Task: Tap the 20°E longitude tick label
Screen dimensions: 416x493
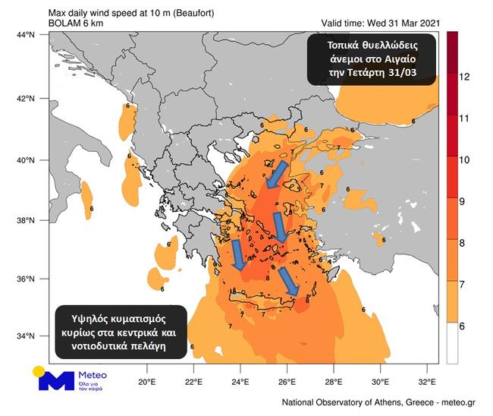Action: click(147, 381)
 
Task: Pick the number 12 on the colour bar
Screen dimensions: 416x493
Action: click(465, 77)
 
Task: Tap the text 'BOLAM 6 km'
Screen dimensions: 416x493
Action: click(78, 23)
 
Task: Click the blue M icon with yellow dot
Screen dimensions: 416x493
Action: click(52, 379)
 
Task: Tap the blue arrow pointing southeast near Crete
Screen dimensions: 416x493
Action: click(288, 281)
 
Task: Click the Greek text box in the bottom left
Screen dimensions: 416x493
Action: click(121, 332)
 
